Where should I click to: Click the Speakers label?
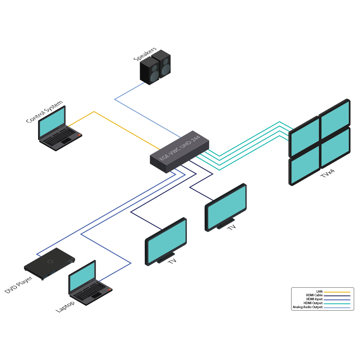click(x=145, y=54)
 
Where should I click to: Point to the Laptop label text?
click(x=65, y=307)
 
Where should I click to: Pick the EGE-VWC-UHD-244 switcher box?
click(x=179, y=151)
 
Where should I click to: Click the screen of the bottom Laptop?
click(x=82, y=277)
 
